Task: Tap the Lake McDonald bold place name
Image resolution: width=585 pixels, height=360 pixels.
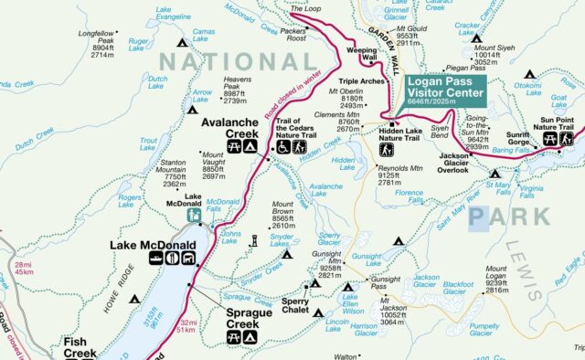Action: pyautogui.click(x=147, y=245)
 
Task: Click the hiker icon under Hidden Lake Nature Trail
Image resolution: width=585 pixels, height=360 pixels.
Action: pyautogui.click(x=386, y=149)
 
